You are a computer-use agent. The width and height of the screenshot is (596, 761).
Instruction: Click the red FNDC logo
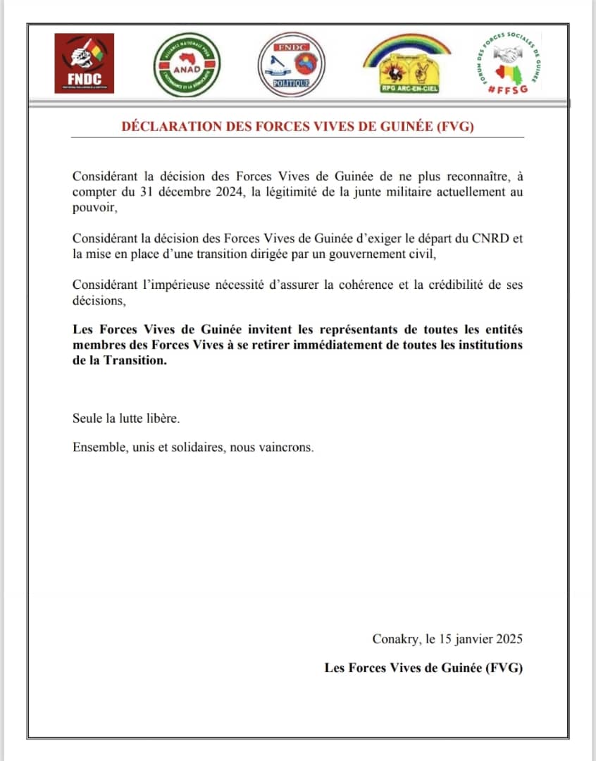85,63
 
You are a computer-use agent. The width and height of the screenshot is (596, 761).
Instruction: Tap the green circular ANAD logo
187,65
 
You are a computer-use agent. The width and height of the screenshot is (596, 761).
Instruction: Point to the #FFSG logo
508,63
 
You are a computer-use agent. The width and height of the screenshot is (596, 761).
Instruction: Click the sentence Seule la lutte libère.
117,419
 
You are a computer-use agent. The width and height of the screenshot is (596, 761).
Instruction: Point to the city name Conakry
395,640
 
